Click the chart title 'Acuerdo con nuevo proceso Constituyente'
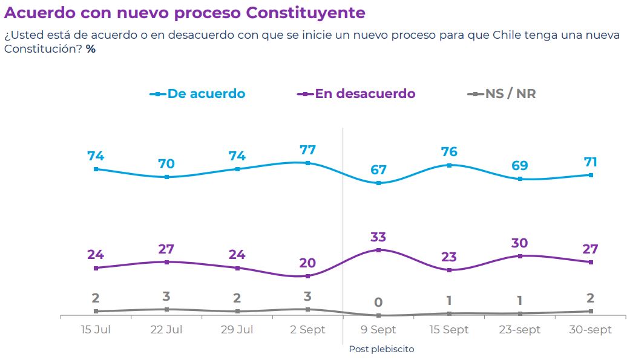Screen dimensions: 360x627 point(185,12)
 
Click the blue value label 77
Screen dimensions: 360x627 point(307,150)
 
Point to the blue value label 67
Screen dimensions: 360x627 point(379,170)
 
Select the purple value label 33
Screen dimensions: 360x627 point(379,237)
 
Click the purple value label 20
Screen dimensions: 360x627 point(307,263)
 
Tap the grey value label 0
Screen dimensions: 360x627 point(379,303)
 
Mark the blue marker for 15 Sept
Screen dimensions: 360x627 point(449,165)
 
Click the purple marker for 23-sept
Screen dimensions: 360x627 point(520,256)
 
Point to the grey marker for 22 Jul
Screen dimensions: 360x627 point(166,309)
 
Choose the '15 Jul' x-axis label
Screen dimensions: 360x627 point(96,330)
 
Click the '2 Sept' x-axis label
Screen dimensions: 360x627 point(307,330)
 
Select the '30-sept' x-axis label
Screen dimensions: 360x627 point(591,330)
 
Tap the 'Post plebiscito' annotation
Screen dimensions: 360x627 point(381,349)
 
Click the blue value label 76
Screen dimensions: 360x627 point(449,152)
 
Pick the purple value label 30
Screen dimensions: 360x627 point(520,243)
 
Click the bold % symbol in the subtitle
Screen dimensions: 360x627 point(91,48)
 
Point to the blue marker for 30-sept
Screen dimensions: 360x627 point(591,175)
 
